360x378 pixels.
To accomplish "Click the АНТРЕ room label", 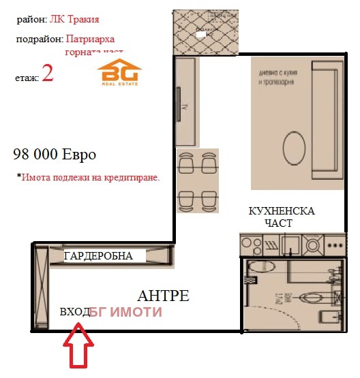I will tap(163, 296).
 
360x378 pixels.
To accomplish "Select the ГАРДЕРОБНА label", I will tap(98, 256).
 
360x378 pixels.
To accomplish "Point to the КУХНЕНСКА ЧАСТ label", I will tap(282, 217).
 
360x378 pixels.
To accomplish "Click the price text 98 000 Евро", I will tap(55, 154).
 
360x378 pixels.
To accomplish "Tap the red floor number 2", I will tap(48, 74).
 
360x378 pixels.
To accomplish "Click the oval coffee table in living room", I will tap(294, 150).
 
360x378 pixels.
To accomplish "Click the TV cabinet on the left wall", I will tap(185, 101).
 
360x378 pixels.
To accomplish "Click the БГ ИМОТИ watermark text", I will tap(126, 312).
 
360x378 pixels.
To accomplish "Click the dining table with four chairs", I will tap(197, 180).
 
